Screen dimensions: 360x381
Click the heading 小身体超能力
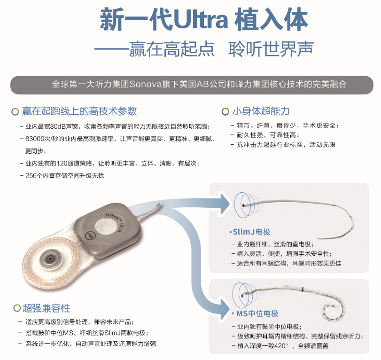[261, 111]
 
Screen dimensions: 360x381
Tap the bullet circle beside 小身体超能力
[225, 111]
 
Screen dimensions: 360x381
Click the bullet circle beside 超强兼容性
[16, 308]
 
